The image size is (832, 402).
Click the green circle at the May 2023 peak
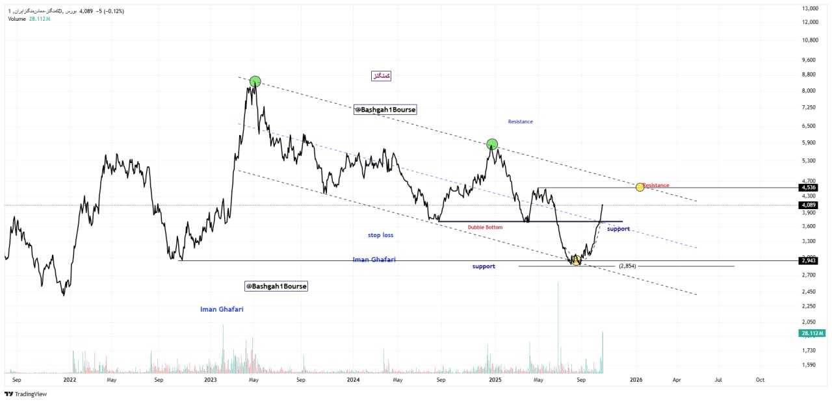255,81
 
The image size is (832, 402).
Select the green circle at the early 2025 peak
492,144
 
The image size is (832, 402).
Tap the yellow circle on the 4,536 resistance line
640,187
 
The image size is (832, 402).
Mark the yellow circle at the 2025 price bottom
576,260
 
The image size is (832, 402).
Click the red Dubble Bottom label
485,227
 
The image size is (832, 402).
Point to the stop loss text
380,235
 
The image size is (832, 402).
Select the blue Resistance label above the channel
520,121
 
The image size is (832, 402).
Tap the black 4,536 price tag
809,188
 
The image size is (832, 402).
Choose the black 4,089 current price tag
809,205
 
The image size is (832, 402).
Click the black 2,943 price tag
809,260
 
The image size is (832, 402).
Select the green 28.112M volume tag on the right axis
811,333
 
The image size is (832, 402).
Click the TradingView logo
26,394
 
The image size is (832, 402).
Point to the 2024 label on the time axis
353,379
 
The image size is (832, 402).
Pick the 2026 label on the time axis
636,379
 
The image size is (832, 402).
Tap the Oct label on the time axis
760,379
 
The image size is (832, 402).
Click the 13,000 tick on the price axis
809,8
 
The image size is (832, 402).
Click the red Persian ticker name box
381,76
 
